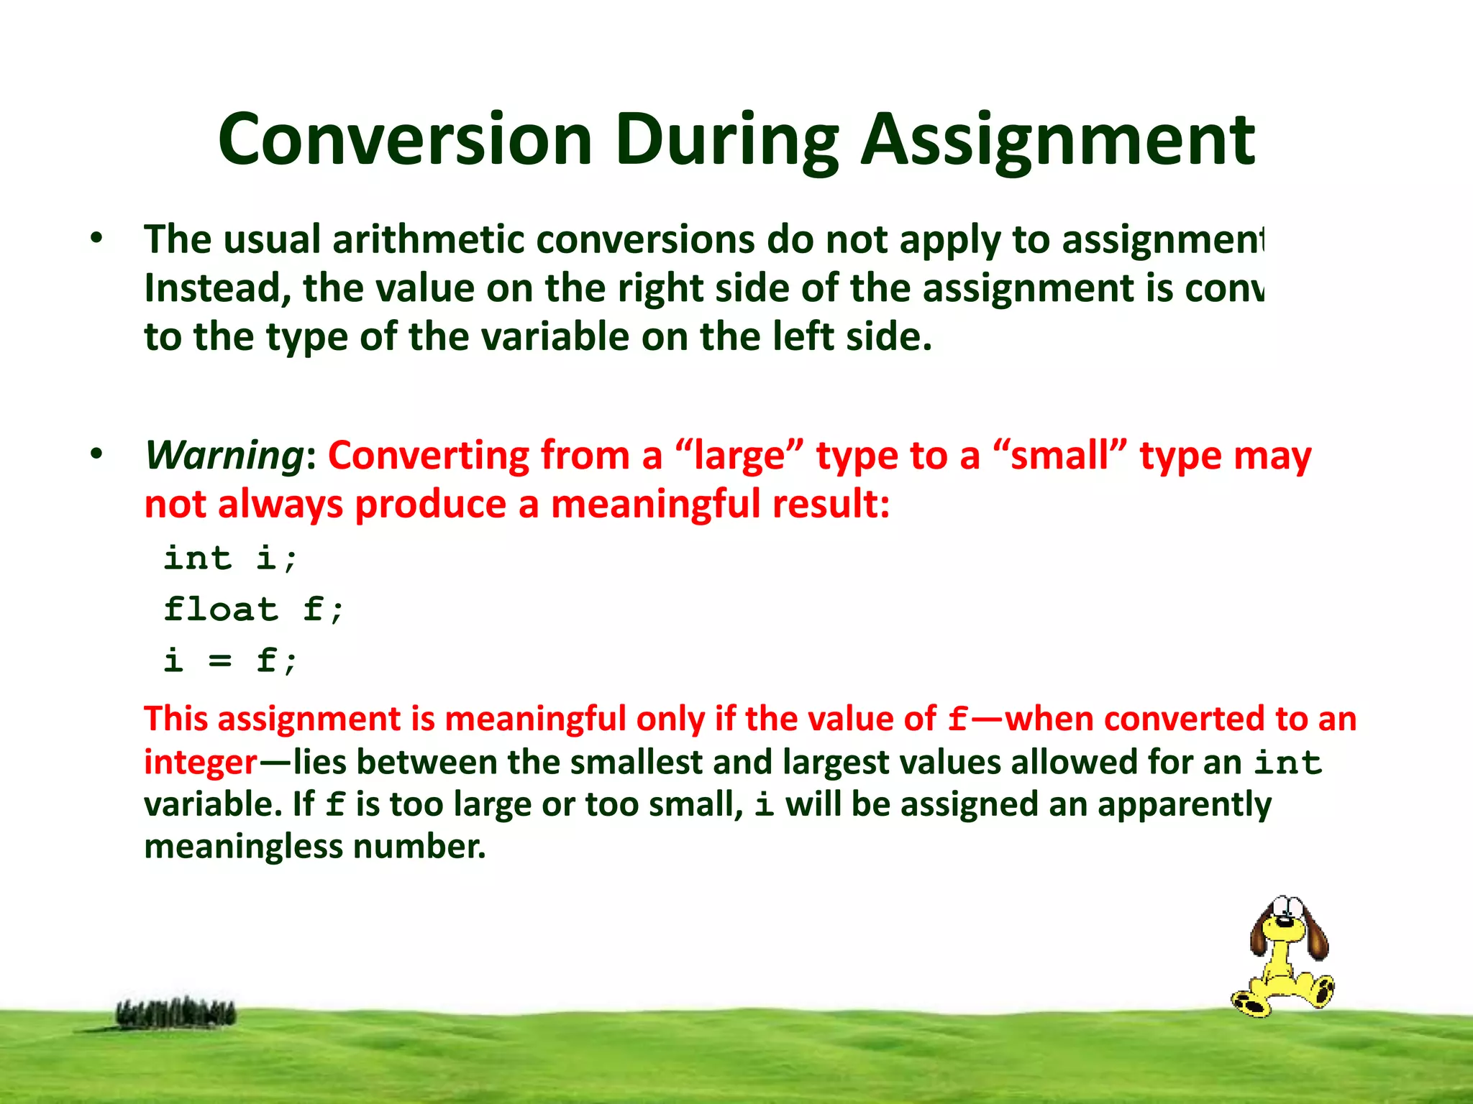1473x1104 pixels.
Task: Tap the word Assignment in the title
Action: (1057, 140)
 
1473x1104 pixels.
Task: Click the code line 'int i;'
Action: (230, 558)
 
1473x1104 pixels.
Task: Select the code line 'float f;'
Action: (254, 610)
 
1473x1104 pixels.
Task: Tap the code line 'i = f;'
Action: (230, 661)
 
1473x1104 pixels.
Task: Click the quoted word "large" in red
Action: (739, 456)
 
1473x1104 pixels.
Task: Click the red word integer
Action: (201, 762)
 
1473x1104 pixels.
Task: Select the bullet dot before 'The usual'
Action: (96, 239)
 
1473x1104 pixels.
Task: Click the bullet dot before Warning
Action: (96, 455)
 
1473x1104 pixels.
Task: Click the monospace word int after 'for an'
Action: (1287, 763)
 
